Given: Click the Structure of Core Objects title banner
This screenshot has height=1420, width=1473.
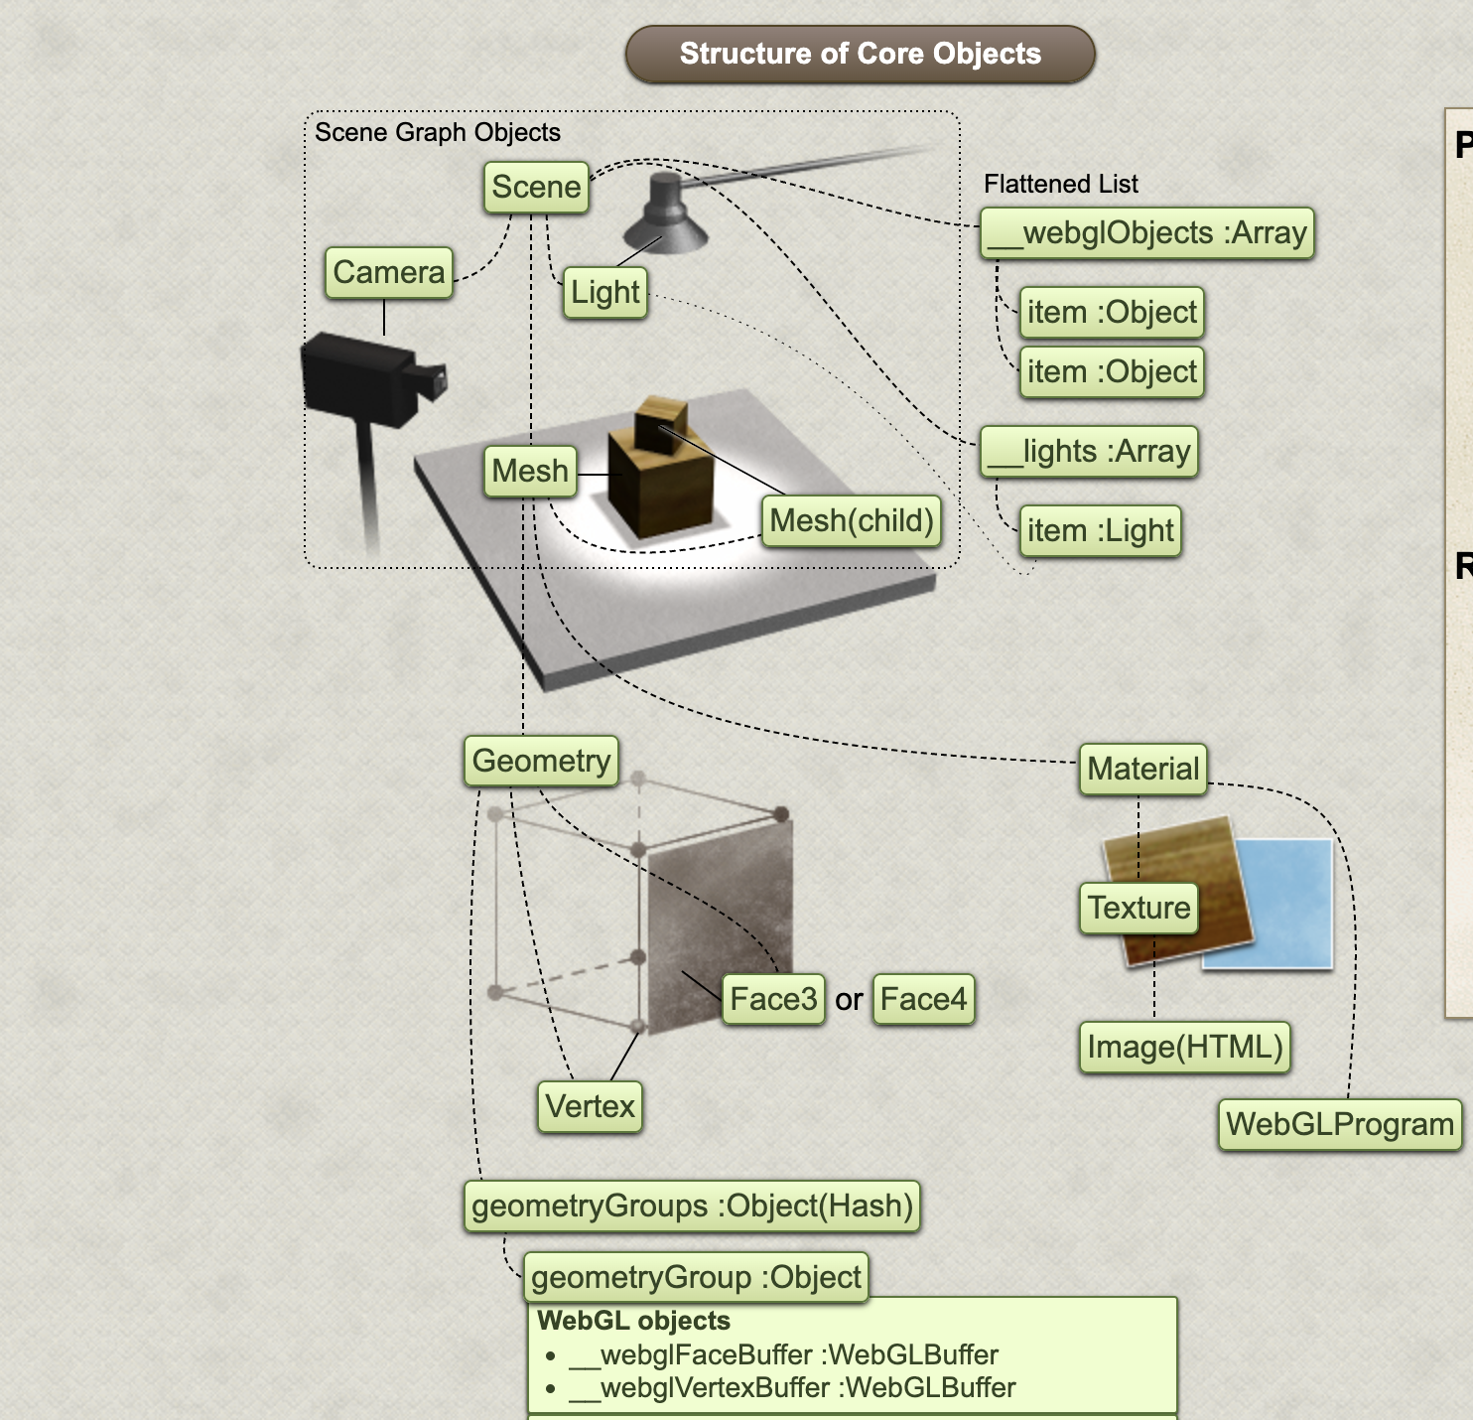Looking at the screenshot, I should coord(860,54).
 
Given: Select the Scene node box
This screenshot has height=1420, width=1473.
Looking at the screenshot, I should coord(536,187).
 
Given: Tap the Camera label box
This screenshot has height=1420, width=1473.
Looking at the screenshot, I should coord(389,272).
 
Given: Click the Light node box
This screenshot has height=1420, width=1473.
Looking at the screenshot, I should coord(605,292).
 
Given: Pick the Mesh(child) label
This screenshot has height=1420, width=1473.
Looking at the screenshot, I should coord(852,520).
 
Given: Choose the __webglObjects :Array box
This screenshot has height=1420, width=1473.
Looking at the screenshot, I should coord(1146,233).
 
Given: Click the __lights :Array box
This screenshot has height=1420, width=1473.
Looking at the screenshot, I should coord(1089,452).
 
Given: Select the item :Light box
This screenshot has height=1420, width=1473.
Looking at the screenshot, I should coord(1100,530).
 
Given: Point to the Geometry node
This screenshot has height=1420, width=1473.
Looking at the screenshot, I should coord(541,761).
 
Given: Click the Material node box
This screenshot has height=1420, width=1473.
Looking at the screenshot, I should coord(1142,769).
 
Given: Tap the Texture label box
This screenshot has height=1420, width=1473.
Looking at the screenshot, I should coord(1138,908).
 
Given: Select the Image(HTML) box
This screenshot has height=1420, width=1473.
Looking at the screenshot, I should coord(1184,1047).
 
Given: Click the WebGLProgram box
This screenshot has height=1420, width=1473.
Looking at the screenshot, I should coord(1339,1124).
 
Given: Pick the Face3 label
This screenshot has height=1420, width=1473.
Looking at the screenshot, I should coord(773,999).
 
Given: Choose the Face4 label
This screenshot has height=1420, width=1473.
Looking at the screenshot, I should coord(923,999).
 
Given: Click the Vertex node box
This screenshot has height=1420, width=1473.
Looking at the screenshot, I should coord(590,1106).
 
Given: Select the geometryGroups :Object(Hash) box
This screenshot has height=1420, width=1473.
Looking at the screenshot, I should coord(692,1206).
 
